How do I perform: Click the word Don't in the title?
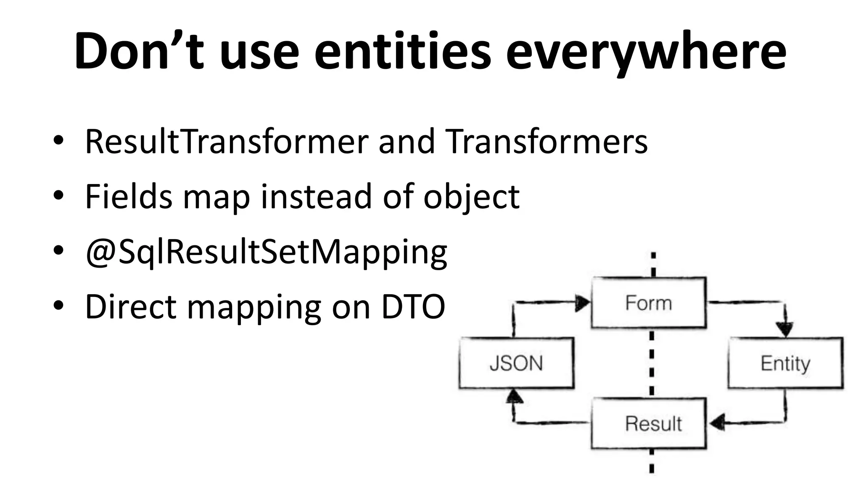139,51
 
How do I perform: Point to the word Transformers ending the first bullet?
546,142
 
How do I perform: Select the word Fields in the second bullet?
128,196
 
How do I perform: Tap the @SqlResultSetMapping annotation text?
266,253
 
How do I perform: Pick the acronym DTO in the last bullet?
413,307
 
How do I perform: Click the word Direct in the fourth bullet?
130,307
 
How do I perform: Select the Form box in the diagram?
648,303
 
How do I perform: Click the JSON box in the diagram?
516,363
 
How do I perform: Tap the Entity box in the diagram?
785,363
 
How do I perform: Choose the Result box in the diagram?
648,423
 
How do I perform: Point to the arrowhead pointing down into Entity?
784,329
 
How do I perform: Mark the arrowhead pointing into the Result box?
717,422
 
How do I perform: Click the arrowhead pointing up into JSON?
514,396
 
